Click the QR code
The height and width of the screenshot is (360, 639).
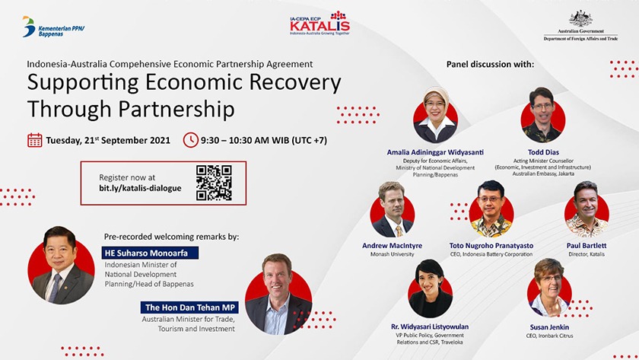[x=214, y=183]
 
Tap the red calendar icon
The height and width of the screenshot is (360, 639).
[x=35, y=140]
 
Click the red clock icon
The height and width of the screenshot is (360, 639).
[x=190, y=140]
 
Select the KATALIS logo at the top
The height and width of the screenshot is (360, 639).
[x=320, y=24]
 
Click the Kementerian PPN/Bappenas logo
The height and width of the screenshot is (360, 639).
[x=53, y=27]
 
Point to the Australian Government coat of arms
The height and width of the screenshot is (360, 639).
[x=580, y=19]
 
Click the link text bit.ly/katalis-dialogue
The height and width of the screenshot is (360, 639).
[x=140, y=188]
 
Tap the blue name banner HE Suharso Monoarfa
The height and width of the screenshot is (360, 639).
[x=150, y=253]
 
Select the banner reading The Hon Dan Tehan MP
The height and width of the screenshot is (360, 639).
[x=189, y=307]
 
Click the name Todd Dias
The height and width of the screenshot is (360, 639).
[x=543, y=152]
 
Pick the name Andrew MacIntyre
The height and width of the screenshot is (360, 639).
[x=392, y=245]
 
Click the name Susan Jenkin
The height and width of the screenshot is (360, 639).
[x=549, y=327]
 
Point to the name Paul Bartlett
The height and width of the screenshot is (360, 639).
[x=587, y=245]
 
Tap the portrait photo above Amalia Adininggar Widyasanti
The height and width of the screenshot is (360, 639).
[x=435, y=115]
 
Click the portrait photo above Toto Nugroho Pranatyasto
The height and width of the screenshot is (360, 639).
[x=491, y=209]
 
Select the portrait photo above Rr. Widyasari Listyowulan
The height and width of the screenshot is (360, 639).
[x=430, y=288]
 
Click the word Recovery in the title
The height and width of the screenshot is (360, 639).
[x=294, y=83]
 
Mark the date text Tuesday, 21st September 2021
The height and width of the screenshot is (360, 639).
[x=108, y=140]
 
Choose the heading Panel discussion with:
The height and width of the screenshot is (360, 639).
[x=490, y=64]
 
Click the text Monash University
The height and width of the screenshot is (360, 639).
[x=392, y=254]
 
